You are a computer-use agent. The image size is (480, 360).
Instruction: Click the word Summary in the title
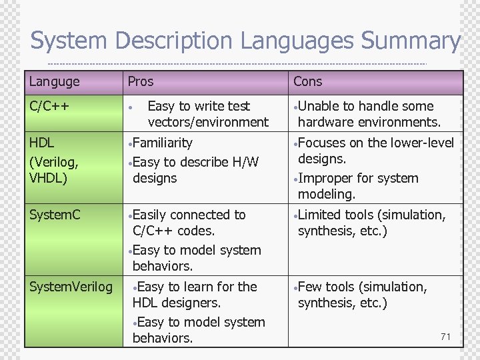(x=410, y=41)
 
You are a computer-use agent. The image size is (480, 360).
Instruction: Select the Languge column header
(x=54, y=82)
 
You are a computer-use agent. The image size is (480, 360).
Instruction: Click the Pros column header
(x=140, y=82)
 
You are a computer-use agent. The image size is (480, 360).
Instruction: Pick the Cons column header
(x=307, y=82)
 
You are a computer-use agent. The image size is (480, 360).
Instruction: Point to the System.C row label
(x=55, y=215)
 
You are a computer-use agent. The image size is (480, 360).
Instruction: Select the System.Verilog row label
(x=71, y=287)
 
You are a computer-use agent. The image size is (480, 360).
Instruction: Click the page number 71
(x=445, y=337)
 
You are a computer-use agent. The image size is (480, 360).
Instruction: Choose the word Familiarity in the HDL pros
(x=163, y=143)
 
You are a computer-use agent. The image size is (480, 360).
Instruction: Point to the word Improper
(x=325, y=178)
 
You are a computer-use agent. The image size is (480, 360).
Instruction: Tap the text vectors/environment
(x=208, y=122)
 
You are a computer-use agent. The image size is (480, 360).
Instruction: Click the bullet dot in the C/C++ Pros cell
(x=133, y=107)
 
